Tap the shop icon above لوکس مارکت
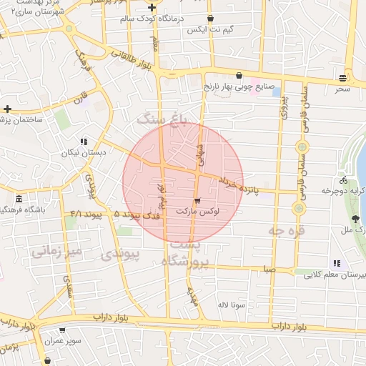(x=198, y=201)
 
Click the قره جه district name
(x=286, y=231)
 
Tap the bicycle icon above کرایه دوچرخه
(x=344, y=180)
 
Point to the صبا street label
(x=269, y=269)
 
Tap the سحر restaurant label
(x=343, y=89)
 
